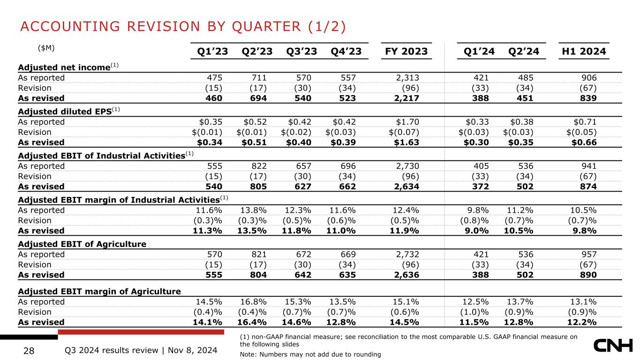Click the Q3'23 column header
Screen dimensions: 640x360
tap(301, 52)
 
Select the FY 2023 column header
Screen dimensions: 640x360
tap(407, 52)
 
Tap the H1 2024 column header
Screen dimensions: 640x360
tap(584, 52)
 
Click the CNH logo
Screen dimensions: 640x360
tap(613, 346)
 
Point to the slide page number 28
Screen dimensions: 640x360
tap(29, 351)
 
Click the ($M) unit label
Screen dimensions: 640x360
tap(46, 48)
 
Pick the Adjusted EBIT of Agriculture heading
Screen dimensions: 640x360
tap(82, 244)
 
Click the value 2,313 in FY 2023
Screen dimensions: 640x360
tap(407, 78)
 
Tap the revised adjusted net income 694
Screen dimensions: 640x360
tap(258, 98)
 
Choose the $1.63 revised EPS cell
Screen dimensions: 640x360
tap(407, 142)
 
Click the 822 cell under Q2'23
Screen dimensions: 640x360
tap(258, 166)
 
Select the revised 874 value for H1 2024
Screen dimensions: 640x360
tap(588, 187)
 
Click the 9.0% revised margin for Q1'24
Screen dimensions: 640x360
tap(476, 231)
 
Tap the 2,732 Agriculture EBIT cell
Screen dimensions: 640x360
tap(407, 254)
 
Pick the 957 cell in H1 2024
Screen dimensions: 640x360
tap(588, 254)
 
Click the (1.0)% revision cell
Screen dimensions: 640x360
tap(474, 312)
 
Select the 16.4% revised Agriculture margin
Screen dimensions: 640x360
tap(252, 322)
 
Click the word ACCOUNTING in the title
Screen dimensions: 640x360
tap(70, 27)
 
